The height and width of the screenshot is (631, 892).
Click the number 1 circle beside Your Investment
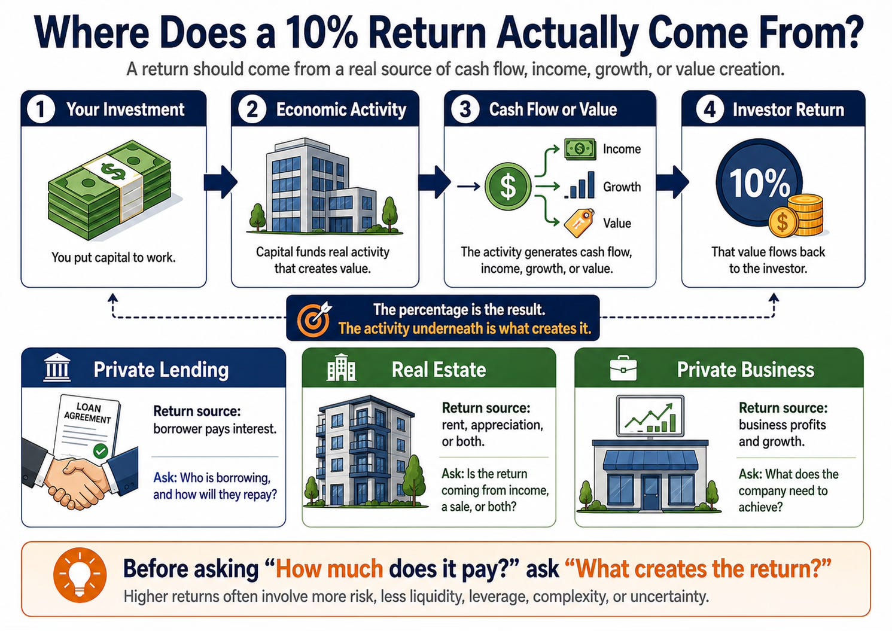click(41, 109)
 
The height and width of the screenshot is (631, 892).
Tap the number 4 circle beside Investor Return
click(710, 109)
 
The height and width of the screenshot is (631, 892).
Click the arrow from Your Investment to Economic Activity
click(220, 182)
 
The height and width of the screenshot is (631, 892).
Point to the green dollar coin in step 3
click(508, 187)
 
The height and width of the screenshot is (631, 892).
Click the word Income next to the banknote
click(622, 149)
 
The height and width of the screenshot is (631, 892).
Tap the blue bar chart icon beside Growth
click(580, 185)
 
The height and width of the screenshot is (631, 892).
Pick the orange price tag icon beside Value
click(579, 223)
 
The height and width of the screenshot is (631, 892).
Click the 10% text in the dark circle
click(759, 183)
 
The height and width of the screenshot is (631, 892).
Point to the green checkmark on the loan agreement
click(101, 451)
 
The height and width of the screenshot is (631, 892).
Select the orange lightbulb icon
click(80, 574)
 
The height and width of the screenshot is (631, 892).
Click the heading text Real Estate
click(439, 370)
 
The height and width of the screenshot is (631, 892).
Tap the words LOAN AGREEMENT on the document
click(88, 413)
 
